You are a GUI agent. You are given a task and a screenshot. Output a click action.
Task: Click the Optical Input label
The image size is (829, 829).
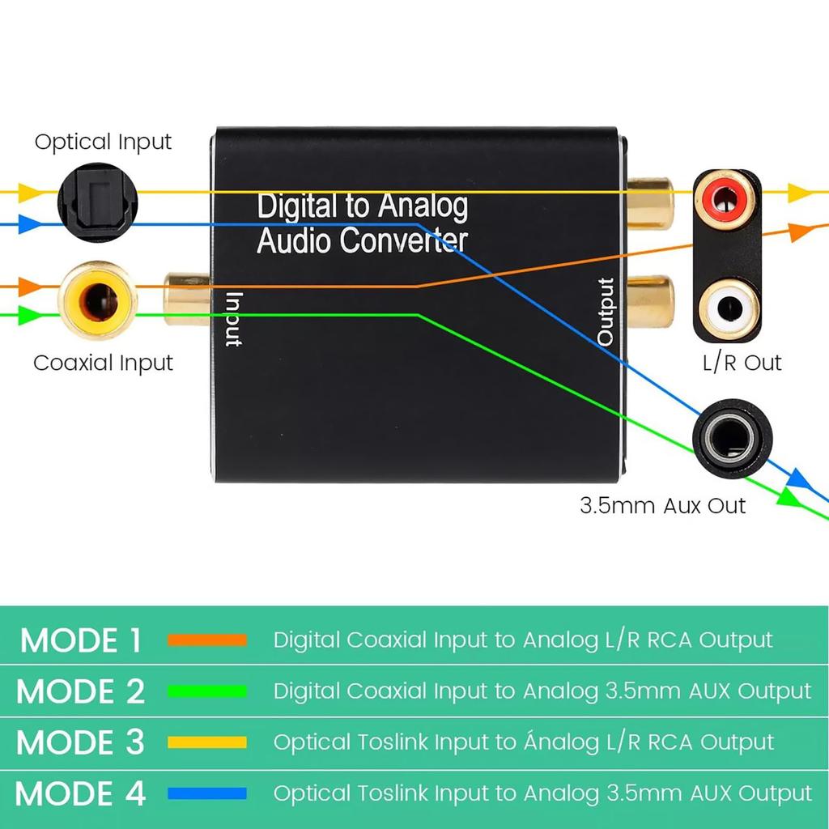coord(103,142)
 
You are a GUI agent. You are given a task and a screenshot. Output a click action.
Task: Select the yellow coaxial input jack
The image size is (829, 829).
coord(97,300)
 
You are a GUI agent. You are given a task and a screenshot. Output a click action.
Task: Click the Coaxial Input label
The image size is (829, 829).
coord(103,363)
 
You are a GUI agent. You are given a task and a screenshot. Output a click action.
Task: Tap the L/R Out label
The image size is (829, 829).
coord(742,363)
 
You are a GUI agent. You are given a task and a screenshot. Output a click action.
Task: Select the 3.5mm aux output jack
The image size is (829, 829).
coord(731,438)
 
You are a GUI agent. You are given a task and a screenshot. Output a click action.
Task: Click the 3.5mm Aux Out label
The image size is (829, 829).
coord(662,506)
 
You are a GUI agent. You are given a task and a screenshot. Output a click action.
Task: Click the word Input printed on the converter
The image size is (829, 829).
coord(232,318)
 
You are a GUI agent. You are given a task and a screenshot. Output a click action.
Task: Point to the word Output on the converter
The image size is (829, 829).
coord(606,312)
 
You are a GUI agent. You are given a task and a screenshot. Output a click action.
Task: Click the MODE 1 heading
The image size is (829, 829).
coord(80,640)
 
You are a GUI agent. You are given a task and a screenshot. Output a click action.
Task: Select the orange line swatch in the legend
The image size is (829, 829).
coord(206,640)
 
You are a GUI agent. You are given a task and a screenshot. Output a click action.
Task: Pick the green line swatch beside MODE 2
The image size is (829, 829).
coord(206,691)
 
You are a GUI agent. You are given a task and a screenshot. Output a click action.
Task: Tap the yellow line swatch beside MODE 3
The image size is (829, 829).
coord(206,742)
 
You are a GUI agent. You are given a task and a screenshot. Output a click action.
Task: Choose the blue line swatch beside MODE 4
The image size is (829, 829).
coord(206,793)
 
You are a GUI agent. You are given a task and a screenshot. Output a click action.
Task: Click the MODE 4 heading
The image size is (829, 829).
coord(80,793)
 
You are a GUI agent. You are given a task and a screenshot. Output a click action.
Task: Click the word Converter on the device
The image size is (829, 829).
coord(403,240)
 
